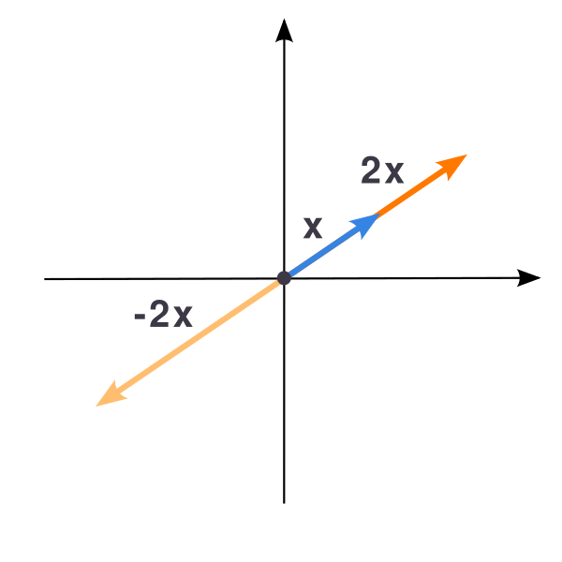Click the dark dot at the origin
pos(284,278)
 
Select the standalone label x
pos(313,228)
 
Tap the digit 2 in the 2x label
pos(370,170)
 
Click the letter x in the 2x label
pos(394,173)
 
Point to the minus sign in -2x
pos(140,317)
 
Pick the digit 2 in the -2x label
pos(159,314)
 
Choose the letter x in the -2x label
pos(183,317)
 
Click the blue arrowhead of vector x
pos(365,225)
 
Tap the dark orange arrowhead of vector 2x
pos(452,166)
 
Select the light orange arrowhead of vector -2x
pos(111,394)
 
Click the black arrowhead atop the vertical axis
pos(284,32)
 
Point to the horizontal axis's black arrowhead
pos(528,278)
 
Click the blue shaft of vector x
pos(320,254)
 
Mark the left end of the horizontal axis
pos(44,279)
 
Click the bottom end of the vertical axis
pos(284,503)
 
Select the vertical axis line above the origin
pos(284,156)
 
